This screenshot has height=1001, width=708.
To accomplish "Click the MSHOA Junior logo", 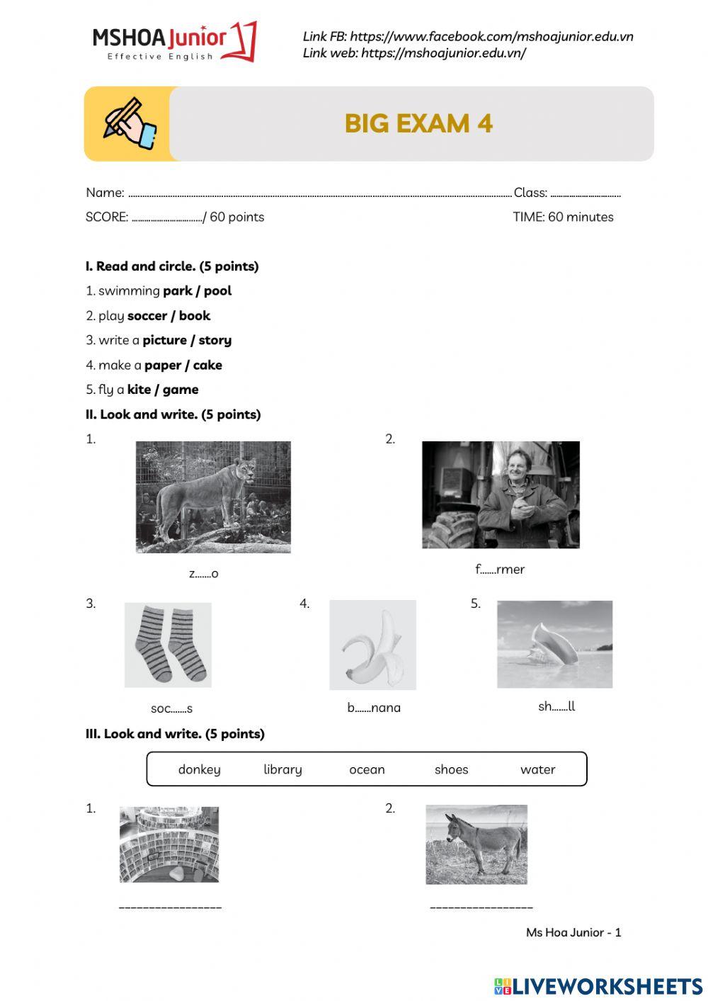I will click(173, 42).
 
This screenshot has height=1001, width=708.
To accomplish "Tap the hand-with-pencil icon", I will click(130, 124).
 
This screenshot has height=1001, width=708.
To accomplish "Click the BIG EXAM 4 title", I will click(418, 123).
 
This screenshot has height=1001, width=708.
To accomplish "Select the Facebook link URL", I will click(491, 36).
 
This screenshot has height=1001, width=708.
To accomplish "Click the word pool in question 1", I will click(217, 291).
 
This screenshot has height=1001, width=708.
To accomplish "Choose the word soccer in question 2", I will click(147, 316).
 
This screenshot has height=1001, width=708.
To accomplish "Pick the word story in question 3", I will click(215, 341).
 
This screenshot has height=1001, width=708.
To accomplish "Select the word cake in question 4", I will click(207, 366).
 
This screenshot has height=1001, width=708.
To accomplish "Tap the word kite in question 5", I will click(139, 390).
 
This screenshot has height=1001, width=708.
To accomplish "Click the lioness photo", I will click(213, 497).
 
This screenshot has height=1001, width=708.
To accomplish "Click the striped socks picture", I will click(168, 645).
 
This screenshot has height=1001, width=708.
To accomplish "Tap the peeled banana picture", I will click(372, 645).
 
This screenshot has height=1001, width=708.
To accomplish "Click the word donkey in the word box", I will click(199, 769).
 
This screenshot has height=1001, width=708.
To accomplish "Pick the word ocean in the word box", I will click(367, 769).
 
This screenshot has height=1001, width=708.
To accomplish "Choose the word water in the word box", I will click(537, 769).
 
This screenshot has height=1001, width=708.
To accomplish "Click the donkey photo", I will click(476, 844).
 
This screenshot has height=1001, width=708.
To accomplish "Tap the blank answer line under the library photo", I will click(170, 907).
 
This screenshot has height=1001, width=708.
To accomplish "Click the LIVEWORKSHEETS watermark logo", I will click(598, 986).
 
